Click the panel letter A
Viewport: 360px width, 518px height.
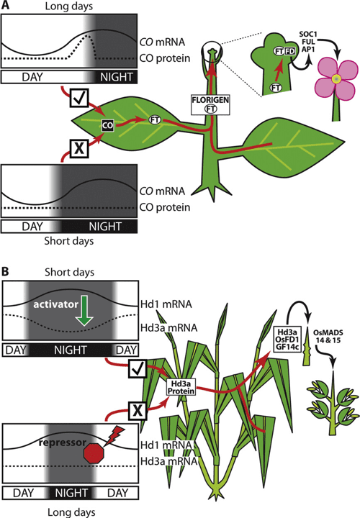(x=6, y=6)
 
